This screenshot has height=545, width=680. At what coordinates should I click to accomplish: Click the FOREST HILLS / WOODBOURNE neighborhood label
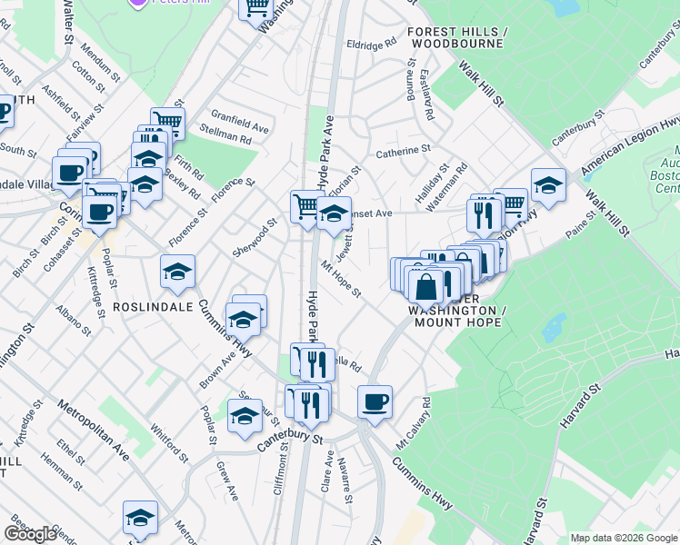tap(455, 36)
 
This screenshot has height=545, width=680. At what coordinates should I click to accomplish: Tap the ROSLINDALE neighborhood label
tap(152, 307)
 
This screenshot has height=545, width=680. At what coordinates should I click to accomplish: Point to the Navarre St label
tap(344, 481)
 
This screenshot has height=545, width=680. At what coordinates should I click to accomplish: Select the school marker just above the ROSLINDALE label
tap(178, 272)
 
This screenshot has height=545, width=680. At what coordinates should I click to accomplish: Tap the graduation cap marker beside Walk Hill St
tap(547, 184)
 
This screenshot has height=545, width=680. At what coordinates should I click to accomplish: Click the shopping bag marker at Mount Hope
tap(425, 287)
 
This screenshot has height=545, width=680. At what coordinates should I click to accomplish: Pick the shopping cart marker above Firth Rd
tap(167, 122)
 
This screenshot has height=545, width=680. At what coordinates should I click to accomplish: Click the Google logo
tap(31, 534)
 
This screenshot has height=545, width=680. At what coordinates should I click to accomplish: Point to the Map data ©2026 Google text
tap(624, 538)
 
